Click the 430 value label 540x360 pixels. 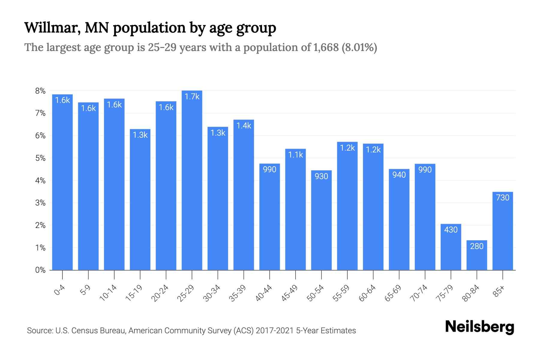pyautogui.click(x=451, y=230)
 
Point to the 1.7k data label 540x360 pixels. pyautogui.click(x=192, y=97)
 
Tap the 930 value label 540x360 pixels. pyautogui.click(x=321, y=176)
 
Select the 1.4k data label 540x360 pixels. pyautogui.click(x=244, y=126)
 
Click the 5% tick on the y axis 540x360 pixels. pyautogui.click(x=40, y=158)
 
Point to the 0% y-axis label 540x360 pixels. pyautogui.click(x=40, y=270)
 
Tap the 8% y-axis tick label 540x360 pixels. pyautogui.click(x=40, y=91)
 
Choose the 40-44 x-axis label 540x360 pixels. pyautogui.click(x=264, y=293)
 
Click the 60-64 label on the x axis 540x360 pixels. pyautogui.click(x=367, y=293)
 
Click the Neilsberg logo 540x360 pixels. pyautogui.click(x=479, y=327)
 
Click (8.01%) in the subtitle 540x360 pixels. pyautogui.click(x=359, y=47)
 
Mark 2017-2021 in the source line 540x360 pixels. pyautogui.click(x=275, y=331)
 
